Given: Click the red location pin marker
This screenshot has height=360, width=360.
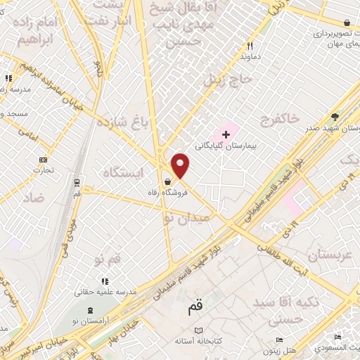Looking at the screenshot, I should [181, 166].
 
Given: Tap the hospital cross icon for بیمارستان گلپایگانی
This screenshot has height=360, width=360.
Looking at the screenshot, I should [226, 133].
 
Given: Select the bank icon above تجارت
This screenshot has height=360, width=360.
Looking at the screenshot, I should [44, 160].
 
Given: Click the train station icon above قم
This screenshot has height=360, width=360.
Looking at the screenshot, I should [76, 181].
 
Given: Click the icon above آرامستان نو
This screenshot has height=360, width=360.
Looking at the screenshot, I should [90, 310].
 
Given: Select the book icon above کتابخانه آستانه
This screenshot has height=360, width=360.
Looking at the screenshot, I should [199, 330].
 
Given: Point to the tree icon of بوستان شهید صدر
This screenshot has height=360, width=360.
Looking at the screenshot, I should [335, 117].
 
